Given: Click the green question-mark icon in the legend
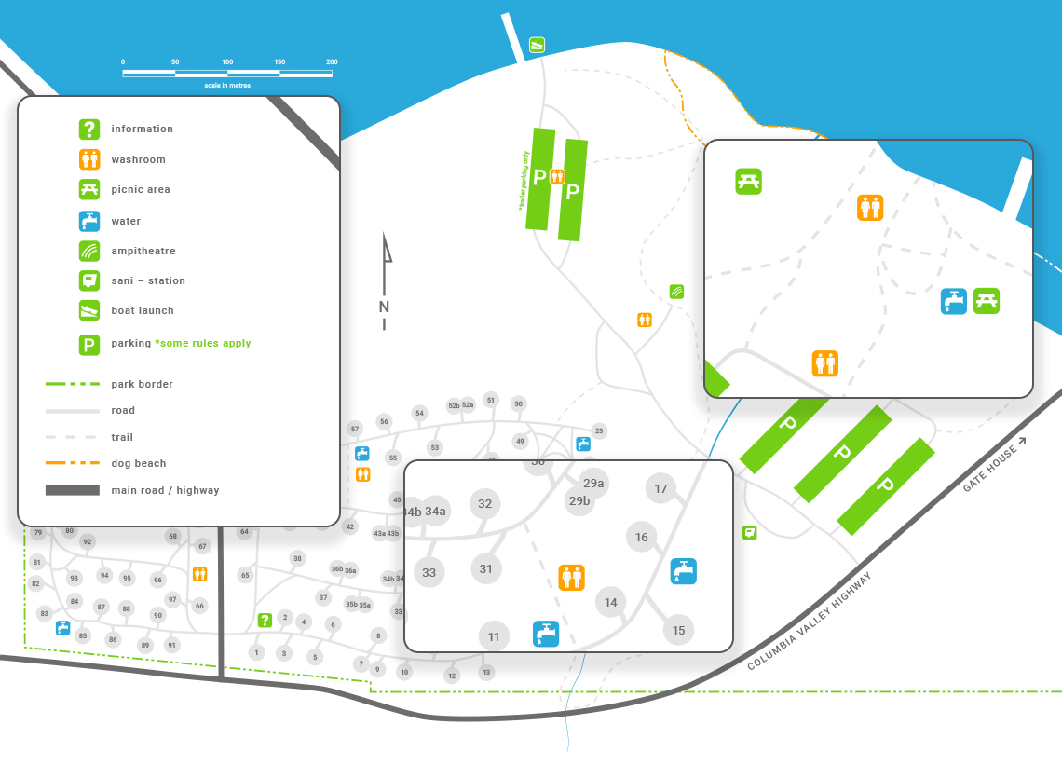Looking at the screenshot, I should coord(88,130).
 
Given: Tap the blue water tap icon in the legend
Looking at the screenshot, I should coord(88,221).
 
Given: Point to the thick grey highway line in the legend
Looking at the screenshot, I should coord(72,490).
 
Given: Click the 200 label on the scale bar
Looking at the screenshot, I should coord(332,62).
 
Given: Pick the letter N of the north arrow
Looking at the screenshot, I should coord(384,307).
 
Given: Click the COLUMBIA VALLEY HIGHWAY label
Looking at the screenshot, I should coord(810,622).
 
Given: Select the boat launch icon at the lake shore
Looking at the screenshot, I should coord(537,45).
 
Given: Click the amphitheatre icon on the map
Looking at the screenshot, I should coord(676,292).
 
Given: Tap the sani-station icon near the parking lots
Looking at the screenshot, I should coord(749,532).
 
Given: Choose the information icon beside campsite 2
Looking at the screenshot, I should coord(265,620).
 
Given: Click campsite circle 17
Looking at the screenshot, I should coord(660,488).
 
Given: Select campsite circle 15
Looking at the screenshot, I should coord(678,630).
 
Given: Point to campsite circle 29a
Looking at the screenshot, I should coord(593,483).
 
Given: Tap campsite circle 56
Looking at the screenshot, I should coord(384,421).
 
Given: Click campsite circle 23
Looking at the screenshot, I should coord(599,430).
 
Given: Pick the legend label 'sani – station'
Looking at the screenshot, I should coord(148,280).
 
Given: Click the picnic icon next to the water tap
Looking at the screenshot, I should coord(987,301).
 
